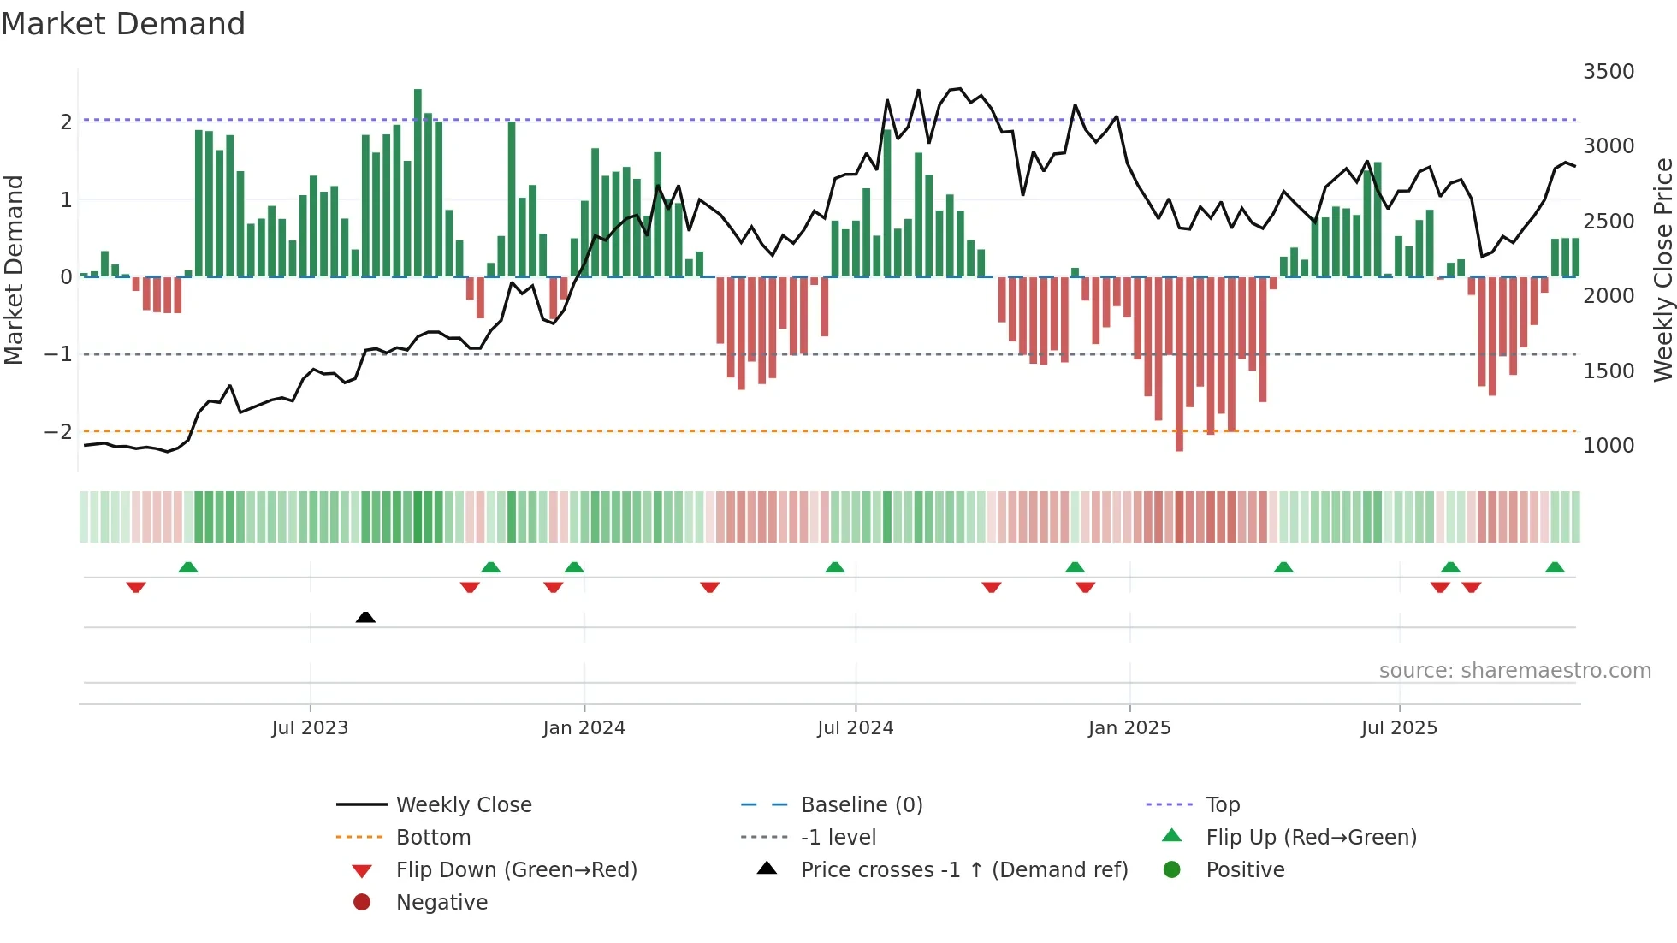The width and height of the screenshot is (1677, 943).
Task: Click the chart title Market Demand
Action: [123, 24]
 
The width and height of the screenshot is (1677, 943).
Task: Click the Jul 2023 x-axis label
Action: [310, 727]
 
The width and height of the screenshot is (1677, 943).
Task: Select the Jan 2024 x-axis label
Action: [584, 727]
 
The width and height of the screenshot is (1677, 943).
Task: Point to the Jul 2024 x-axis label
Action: [855, 727]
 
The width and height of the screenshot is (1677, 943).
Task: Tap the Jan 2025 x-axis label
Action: [1129, 727]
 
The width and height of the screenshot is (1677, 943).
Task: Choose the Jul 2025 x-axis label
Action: [1399, 727]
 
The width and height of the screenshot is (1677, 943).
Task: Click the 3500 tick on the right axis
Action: [1608, 72]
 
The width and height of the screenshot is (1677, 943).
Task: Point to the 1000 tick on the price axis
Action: [1608, 445]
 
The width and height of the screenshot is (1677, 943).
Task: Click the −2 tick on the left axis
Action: [59, 431]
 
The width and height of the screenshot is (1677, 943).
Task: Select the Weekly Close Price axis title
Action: [1662, 270]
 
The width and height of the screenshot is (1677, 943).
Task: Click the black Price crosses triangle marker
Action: [365, 617]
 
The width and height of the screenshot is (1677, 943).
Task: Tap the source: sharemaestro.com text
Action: [1514, 670]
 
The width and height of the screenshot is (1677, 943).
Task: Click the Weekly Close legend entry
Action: [463, 804]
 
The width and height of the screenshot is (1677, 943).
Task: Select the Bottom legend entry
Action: [433, 837]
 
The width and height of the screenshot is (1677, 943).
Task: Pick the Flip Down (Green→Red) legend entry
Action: [516, 869]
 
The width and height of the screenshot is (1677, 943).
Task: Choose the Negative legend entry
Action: [441, 902]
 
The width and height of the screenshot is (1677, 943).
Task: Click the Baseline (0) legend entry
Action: [861, 804]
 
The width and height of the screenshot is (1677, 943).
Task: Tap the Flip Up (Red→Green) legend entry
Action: [1311, 837]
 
